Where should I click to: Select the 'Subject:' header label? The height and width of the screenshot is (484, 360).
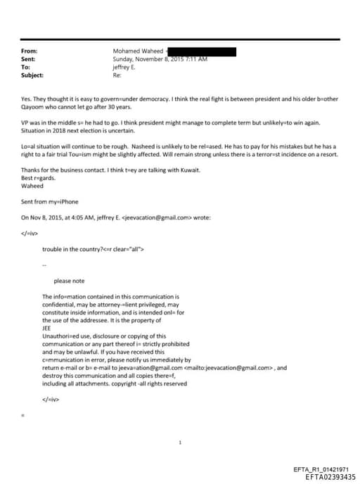tap(32, 75)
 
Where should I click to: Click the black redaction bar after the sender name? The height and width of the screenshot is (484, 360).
tap(203, 51)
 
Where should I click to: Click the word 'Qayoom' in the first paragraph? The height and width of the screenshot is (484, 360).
tap(33, 108)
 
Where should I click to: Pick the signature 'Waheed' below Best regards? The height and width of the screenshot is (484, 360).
tap(32, 186)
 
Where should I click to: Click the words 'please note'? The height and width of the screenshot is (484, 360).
tap(69, 281)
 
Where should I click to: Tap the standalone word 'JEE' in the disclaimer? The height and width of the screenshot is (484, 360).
tap(47, 328)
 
